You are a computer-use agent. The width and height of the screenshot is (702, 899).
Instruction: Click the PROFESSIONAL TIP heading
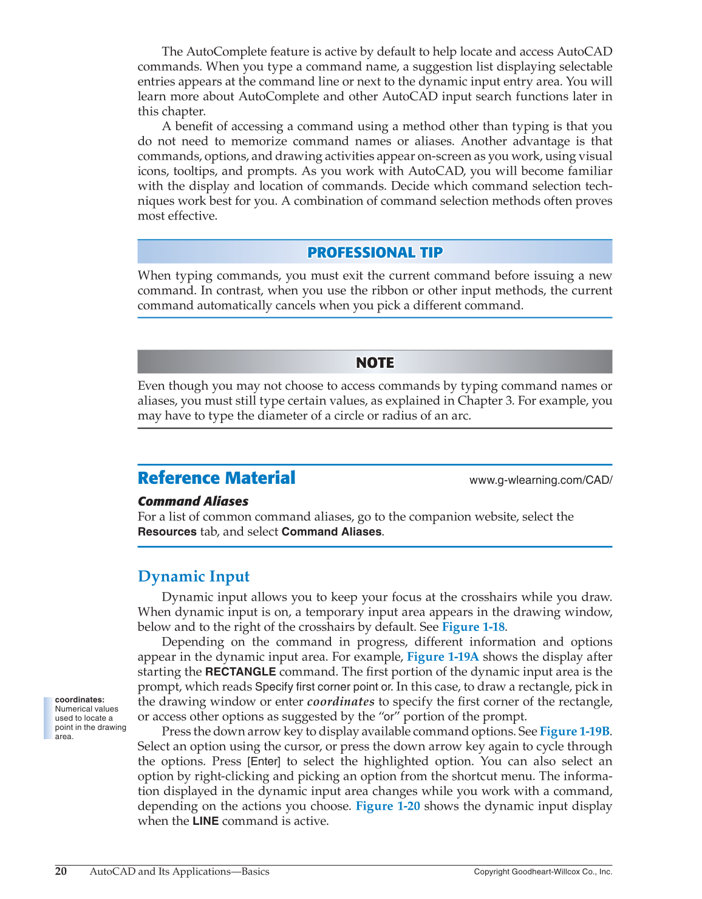point(375,252)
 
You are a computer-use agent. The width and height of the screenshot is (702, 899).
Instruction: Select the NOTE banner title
point(375,363)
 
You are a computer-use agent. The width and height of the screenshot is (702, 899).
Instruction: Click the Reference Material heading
point(216,478)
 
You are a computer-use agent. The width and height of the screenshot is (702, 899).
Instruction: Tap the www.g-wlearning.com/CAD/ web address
point(540,480)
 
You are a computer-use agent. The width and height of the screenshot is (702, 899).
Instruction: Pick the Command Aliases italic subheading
point(193,501)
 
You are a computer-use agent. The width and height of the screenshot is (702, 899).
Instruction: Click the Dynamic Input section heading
point(194,576)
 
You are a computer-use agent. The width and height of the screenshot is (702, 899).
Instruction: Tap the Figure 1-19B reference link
point(574,732)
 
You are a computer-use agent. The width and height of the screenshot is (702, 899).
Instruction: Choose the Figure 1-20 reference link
point(387,807)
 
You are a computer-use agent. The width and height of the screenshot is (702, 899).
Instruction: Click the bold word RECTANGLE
point(240,672)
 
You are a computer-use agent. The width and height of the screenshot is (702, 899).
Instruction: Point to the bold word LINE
point(205,822)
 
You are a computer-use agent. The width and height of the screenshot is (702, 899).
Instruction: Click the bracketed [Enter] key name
point(264,762)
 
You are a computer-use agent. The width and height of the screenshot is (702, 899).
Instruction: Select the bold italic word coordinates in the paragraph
point(341,702)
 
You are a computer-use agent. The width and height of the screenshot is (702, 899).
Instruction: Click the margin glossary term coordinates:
point(80,700)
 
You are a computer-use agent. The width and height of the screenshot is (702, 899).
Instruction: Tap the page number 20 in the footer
point(61,872)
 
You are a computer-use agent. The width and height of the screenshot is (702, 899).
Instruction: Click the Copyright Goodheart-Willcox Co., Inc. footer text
point(543,872)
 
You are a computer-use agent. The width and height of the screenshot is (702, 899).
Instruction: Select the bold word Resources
point(167,532)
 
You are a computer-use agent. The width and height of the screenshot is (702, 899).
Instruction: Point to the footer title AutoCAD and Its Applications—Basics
point(179,872)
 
